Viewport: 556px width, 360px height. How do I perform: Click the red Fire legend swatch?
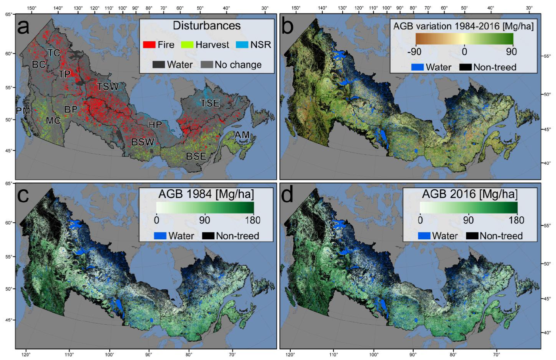149,44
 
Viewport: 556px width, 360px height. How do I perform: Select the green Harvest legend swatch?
187,44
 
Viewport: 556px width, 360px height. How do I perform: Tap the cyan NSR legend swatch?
242,44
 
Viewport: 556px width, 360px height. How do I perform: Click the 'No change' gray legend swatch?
207,65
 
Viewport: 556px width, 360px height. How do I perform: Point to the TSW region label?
108,87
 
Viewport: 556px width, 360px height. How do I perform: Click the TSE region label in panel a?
210,103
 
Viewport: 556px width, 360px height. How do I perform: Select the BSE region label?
196,156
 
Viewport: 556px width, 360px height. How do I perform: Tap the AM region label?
242,135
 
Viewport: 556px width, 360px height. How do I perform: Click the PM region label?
23,111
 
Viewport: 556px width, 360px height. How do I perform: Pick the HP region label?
155,125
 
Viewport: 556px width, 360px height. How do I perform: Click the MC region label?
53,120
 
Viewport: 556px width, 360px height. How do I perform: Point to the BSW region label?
143,142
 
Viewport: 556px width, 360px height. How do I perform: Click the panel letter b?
287,27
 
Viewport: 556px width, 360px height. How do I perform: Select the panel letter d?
287,194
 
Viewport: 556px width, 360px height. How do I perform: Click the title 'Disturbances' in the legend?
207,26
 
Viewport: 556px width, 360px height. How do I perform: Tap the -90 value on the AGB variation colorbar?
414,52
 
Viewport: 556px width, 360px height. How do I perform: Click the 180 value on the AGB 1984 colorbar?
252,220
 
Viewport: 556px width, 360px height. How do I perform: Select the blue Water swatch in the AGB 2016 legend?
424,236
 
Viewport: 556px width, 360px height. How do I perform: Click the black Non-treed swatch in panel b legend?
465,67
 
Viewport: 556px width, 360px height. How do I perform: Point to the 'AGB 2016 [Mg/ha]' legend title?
470,194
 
